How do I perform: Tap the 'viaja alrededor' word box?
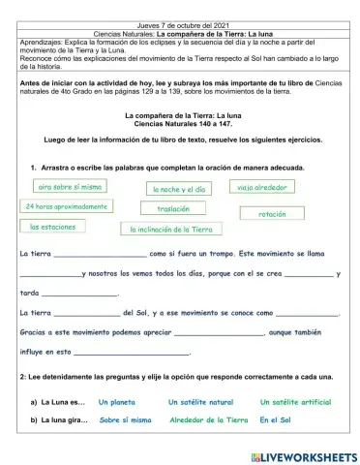point(264,186)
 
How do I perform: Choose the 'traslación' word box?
point(173,208)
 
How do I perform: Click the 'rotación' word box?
point(273,213)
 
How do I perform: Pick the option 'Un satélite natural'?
point(200,402)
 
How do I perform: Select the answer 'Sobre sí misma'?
point(125,420)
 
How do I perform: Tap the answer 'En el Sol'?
point(276,420)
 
